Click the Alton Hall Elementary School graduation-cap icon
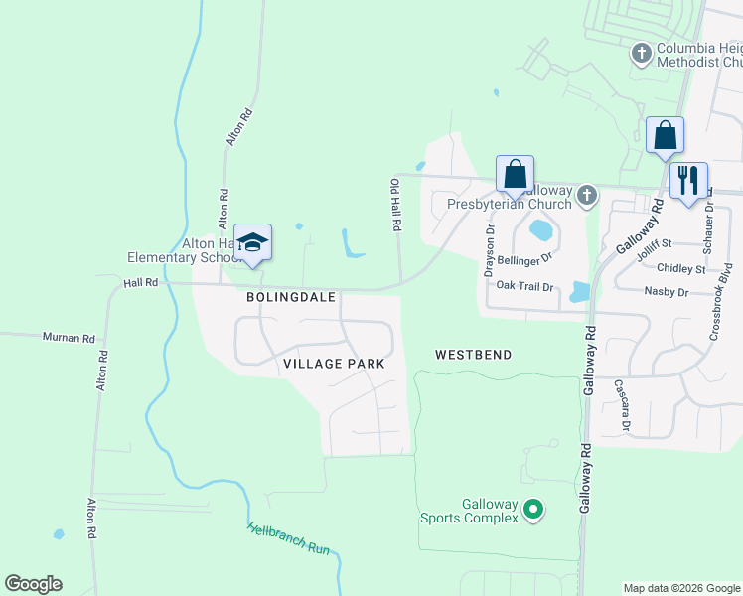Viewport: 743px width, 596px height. (252, 242)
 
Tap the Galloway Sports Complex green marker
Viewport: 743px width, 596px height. (533, 511)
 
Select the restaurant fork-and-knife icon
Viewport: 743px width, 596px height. (688, 181)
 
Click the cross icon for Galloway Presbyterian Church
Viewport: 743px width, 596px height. (587, 195)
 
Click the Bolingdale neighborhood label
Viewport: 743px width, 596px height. (291, 297)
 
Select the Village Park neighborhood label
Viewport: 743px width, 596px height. (334, 364)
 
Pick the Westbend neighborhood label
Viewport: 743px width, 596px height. (473, 354)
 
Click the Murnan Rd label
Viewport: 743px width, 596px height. (68, 338)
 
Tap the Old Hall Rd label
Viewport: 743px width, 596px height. (395, 206)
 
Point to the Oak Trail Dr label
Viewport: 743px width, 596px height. (530, 286)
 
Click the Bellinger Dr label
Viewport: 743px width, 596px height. (524, 256)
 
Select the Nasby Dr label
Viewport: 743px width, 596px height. (667, 292)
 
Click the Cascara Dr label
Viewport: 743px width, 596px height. (622, 406)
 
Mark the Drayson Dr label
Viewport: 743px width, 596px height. (489, 250)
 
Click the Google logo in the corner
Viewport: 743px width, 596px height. (34, 584)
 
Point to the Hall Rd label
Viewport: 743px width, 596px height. (141, 282)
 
